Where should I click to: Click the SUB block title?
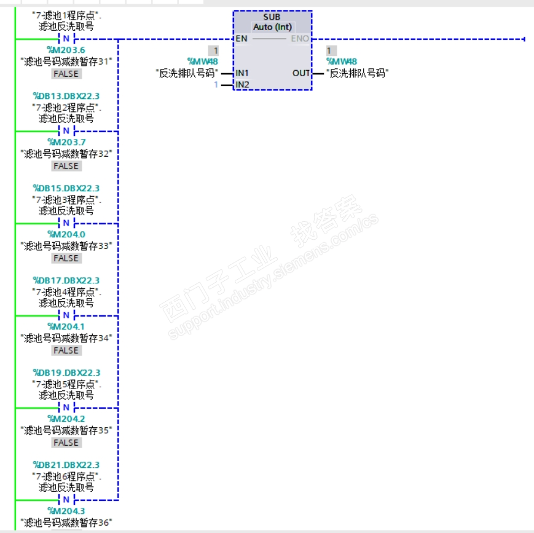(272, 17)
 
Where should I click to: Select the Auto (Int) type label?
(272, 27)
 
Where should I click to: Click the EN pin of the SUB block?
(241, 39)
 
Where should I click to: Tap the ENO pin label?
(300, 39)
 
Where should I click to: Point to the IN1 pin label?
(243, 73)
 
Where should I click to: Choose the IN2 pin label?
(243, 84)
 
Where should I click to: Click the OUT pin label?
(301, 73)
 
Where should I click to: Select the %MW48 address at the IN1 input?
(203, 61)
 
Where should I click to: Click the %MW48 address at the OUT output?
(341, 61)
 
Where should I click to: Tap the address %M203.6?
(66, 50)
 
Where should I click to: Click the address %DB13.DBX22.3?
(66, 96)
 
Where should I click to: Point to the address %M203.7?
(66, 142)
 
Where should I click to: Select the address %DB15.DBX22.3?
(66, 188)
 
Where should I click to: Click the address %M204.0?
(66, 234)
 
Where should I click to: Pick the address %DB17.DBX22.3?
(66, 280)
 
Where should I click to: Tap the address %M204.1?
(66, 326)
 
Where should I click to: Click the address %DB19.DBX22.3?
(66, 373)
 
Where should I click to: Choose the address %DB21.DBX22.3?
(66, 465)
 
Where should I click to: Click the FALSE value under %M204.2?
(66, 443)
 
